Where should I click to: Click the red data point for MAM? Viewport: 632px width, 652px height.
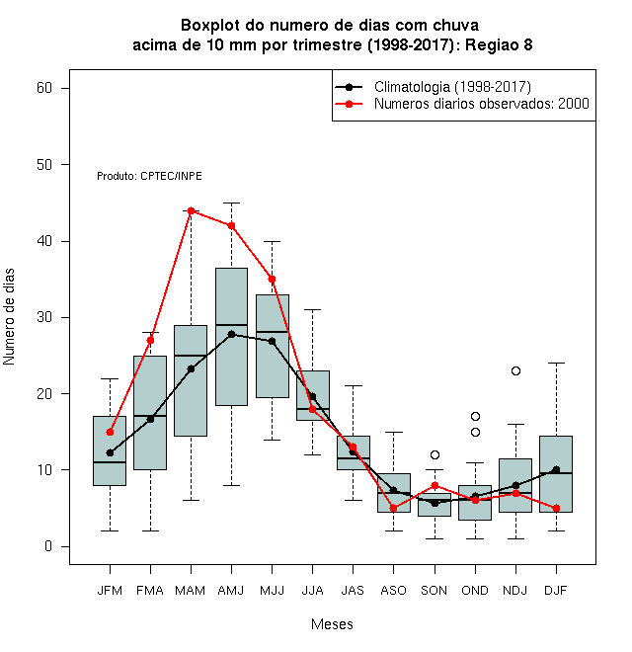191,210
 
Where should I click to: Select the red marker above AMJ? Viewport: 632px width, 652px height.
232,226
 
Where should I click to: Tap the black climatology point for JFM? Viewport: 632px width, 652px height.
110,452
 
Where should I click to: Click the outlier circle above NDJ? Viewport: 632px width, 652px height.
515,370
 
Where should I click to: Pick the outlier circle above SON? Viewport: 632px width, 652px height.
434,454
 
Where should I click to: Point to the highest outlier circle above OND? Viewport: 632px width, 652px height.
475,416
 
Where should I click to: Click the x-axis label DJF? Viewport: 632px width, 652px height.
556,591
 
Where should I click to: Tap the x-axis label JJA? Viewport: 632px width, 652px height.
312,591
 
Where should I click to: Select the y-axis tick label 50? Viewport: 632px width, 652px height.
44,165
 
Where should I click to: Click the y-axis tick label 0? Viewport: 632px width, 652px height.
48,546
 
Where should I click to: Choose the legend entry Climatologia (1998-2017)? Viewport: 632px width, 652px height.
452,87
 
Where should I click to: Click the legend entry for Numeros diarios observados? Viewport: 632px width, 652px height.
482,104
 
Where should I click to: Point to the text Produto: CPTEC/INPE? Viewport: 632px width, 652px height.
149,176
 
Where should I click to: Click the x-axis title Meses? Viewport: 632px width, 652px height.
332,624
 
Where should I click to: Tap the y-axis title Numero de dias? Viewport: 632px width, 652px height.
9,317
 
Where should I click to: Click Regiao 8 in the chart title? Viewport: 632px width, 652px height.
499,44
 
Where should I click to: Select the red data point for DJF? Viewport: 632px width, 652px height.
556,508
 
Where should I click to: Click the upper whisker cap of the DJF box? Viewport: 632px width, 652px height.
556,363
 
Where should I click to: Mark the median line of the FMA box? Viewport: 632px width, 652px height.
150,416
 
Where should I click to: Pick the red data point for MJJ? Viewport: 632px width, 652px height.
272,279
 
